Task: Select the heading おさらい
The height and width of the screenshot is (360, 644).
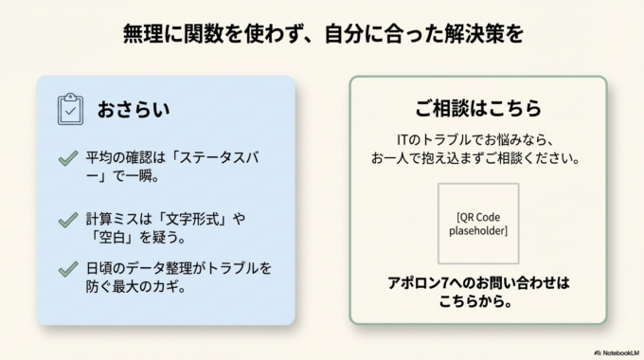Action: pos(134,109)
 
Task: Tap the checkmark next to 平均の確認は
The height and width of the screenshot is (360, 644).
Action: pos(68,158)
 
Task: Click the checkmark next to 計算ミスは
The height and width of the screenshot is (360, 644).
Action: pos(68,220)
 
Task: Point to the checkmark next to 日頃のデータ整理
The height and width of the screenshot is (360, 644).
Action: pos(68,269)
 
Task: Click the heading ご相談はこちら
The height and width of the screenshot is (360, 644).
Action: pos(477,107)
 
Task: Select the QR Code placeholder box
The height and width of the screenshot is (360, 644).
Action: pos(477,223)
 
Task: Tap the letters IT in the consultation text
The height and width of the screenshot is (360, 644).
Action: pos(405,138)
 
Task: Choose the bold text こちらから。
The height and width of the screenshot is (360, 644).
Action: pos(477,302)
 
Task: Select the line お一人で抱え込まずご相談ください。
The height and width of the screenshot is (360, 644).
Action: pos(477,156)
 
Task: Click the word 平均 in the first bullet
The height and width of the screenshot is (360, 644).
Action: pos(98,158)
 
